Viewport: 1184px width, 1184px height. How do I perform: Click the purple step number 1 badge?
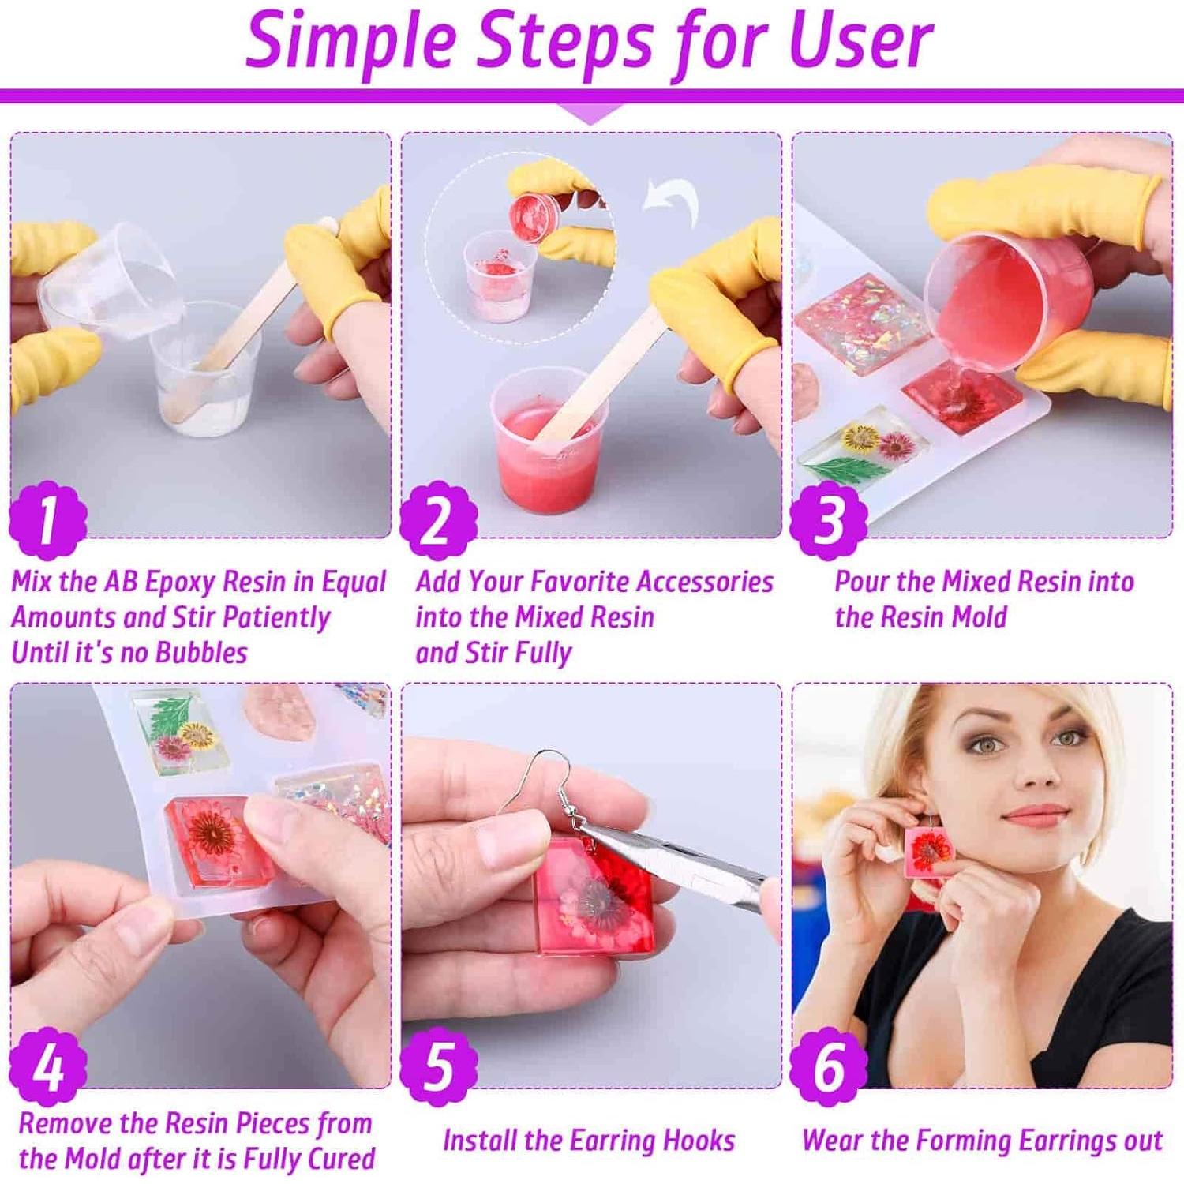(47, 519)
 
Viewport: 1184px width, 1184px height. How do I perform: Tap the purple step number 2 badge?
(438, 519)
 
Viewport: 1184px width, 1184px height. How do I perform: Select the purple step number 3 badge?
(828, 519)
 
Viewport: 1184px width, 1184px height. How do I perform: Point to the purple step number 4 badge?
(47, 1066)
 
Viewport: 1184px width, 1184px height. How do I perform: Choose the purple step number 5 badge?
(438, 1066)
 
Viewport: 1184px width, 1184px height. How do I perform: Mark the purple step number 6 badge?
(828, 1066)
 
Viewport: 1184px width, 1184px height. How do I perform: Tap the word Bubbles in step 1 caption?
(201, 653)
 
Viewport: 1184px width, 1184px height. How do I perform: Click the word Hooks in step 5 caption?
(699, 1141)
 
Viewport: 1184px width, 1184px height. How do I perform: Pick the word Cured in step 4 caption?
(341, 1159)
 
